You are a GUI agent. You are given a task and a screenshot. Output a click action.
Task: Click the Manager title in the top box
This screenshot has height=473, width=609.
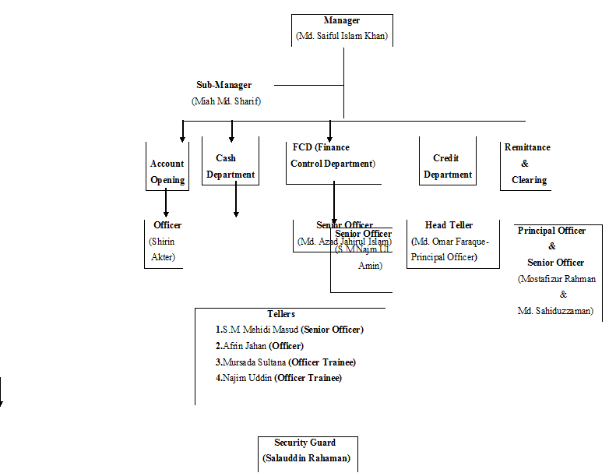coord(342,20)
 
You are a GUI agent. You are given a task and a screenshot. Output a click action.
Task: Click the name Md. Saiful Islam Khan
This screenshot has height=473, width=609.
coord(342,36)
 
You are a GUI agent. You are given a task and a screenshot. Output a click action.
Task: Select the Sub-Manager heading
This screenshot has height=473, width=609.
coord(224,85)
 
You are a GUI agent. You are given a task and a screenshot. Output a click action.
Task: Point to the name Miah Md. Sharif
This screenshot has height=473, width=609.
coord(226,101)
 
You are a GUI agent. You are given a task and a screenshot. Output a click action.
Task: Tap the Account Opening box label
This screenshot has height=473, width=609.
coord(167,171)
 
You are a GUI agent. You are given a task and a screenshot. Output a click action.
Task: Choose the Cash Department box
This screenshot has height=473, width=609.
coord(231,166)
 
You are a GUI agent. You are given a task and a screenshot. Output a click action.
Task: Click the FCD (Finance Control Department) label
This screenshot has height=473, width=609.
coord(333,155)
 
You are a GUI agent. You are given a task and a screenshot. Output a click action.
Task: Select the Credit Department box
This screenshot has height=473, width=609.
coord(448,166)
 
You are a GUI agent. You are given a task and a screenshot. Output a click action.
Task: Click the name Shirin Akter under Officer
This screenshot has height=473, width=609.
coord(162,249)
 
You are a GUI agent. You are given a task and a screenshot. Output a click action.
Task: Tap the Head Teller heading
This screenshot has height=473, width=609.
coord(449,225)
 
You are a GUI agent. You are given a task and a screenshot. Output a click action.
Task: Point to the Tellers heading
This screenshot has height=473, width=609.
coord(281,314)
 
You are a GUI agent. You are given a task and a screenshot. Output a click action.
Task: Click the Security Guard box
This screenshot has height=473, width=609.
coord(305,450)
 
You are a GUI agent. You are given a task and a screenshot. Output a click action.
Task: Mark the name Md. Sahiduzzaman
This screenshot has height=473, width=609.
coord(555,311)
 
